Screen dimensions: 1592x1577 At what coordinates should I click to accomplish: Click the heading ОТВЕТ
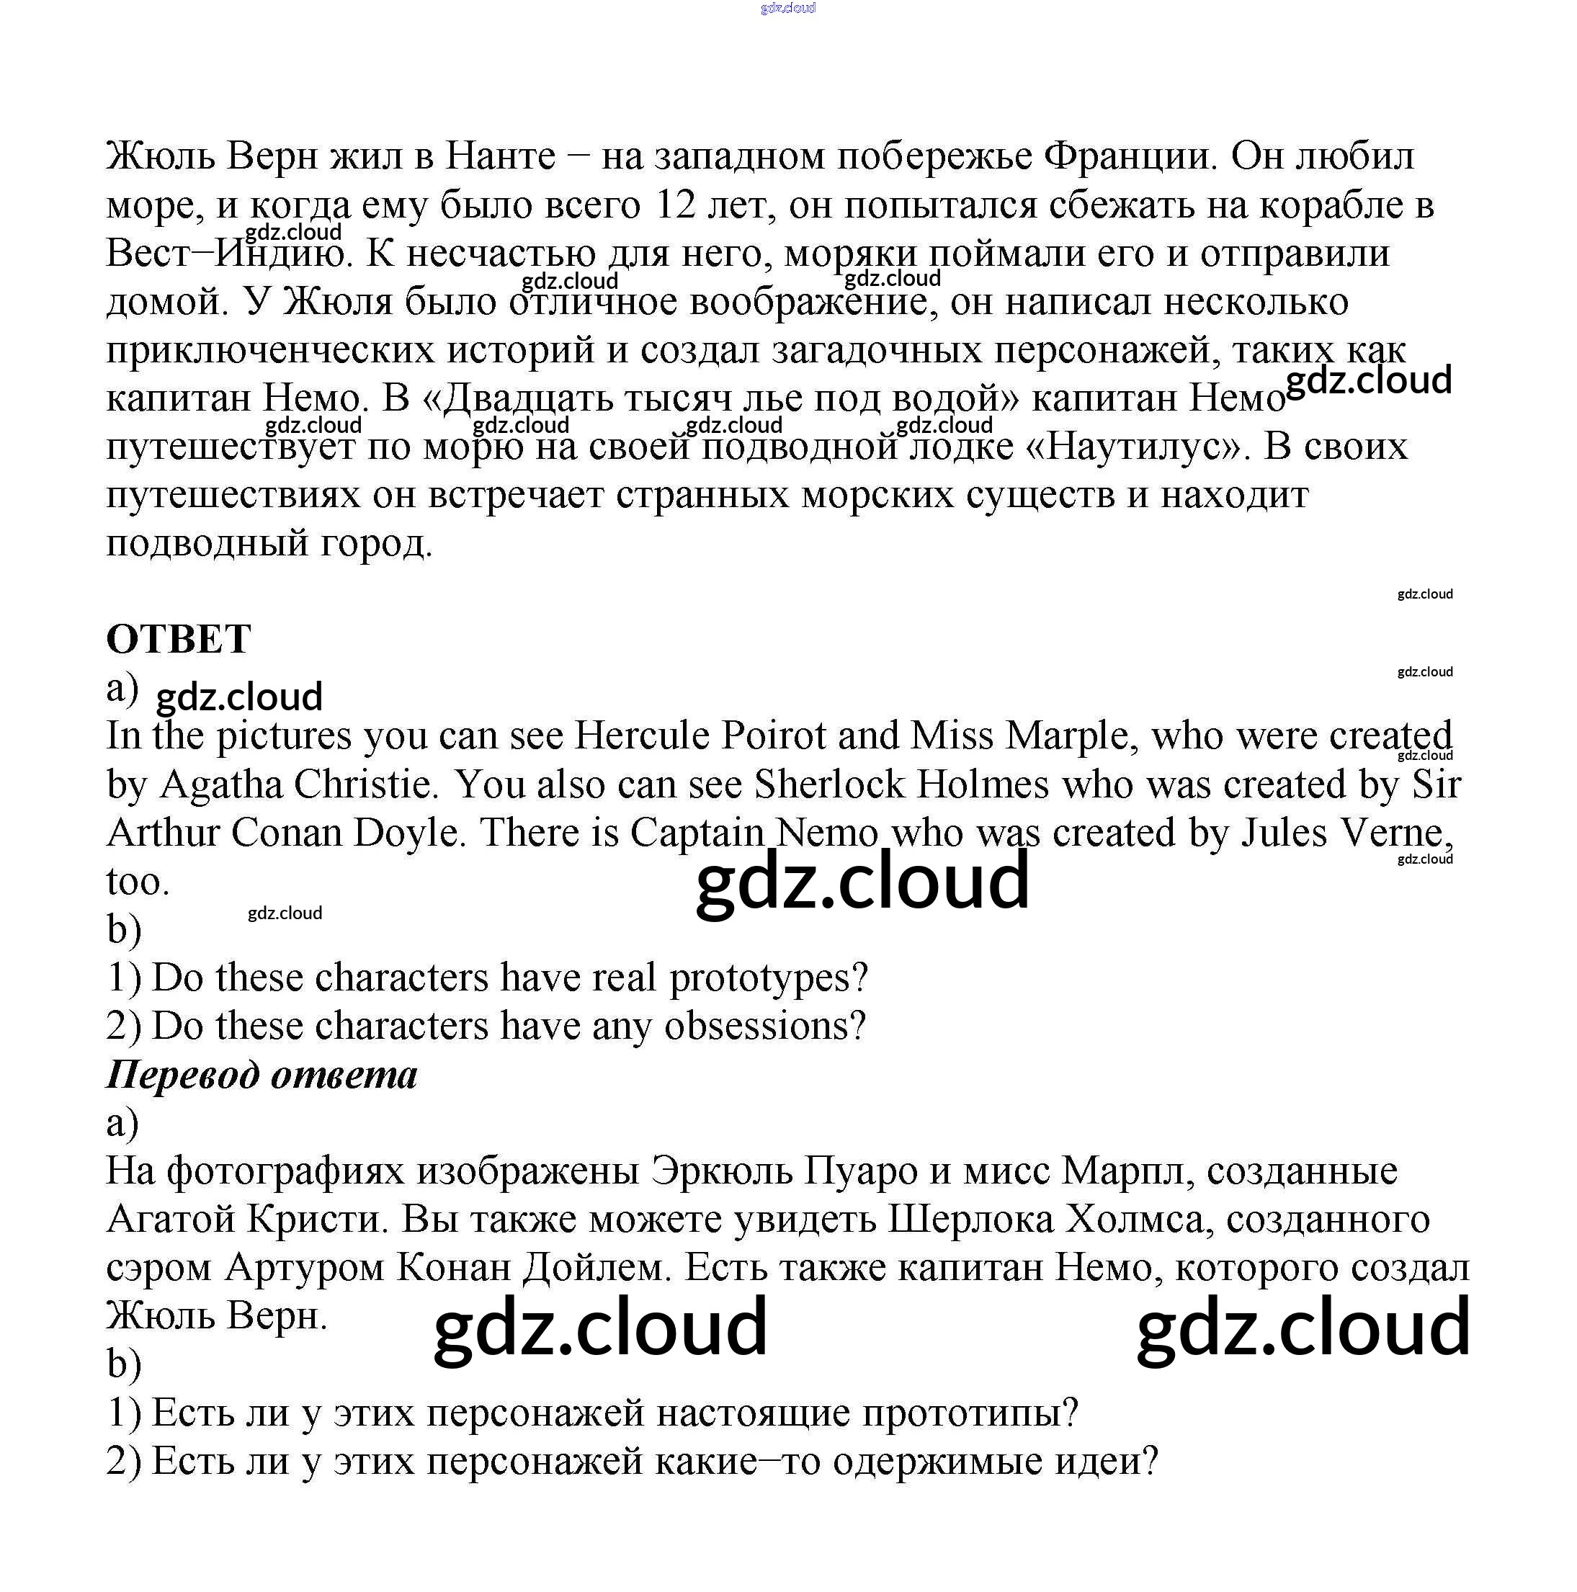coord(179,640)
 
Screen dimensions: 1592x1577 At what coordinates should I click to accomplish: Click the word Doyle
coord(409,833)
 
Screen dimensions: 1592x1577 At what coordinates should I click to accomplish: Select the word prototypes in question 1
coord(768,978)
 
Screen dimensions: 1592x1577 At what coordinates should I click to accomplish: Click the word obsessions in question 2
coord(764,1026)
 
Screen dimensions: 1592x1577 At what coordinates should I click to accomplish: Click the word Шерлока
coord(970,1220)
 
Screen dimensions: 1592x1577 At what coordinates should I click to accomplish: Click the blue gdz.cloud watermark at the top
coord(787,8)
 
